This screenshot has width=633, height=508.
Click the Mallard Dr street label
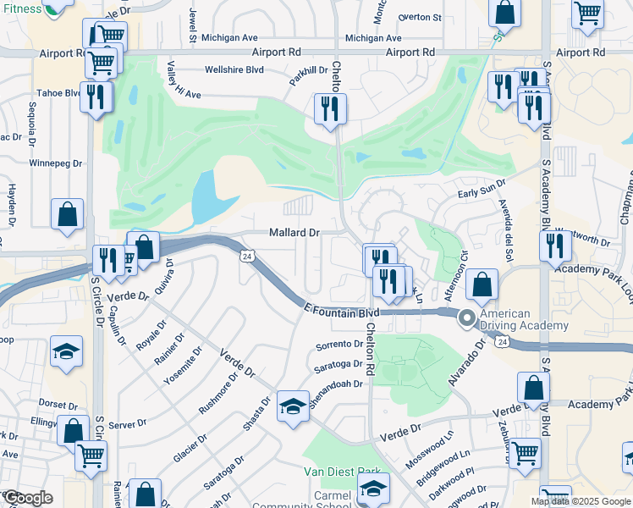[294, 232]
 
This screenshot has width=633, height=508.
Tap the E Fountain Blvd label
[341, 313]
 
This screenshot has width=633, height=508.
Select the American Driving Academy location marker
[466, 319]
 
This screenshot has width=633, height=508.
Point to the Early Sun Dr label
[482, 187]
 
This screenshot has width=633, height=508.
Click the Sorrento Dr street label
[339, 345]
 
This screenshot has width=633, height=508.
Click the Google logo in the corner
[28, 498]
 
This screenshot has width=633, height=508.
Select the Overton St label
[421, 17]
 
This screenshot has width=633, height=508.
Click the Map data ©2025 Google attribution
[581, 501]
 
